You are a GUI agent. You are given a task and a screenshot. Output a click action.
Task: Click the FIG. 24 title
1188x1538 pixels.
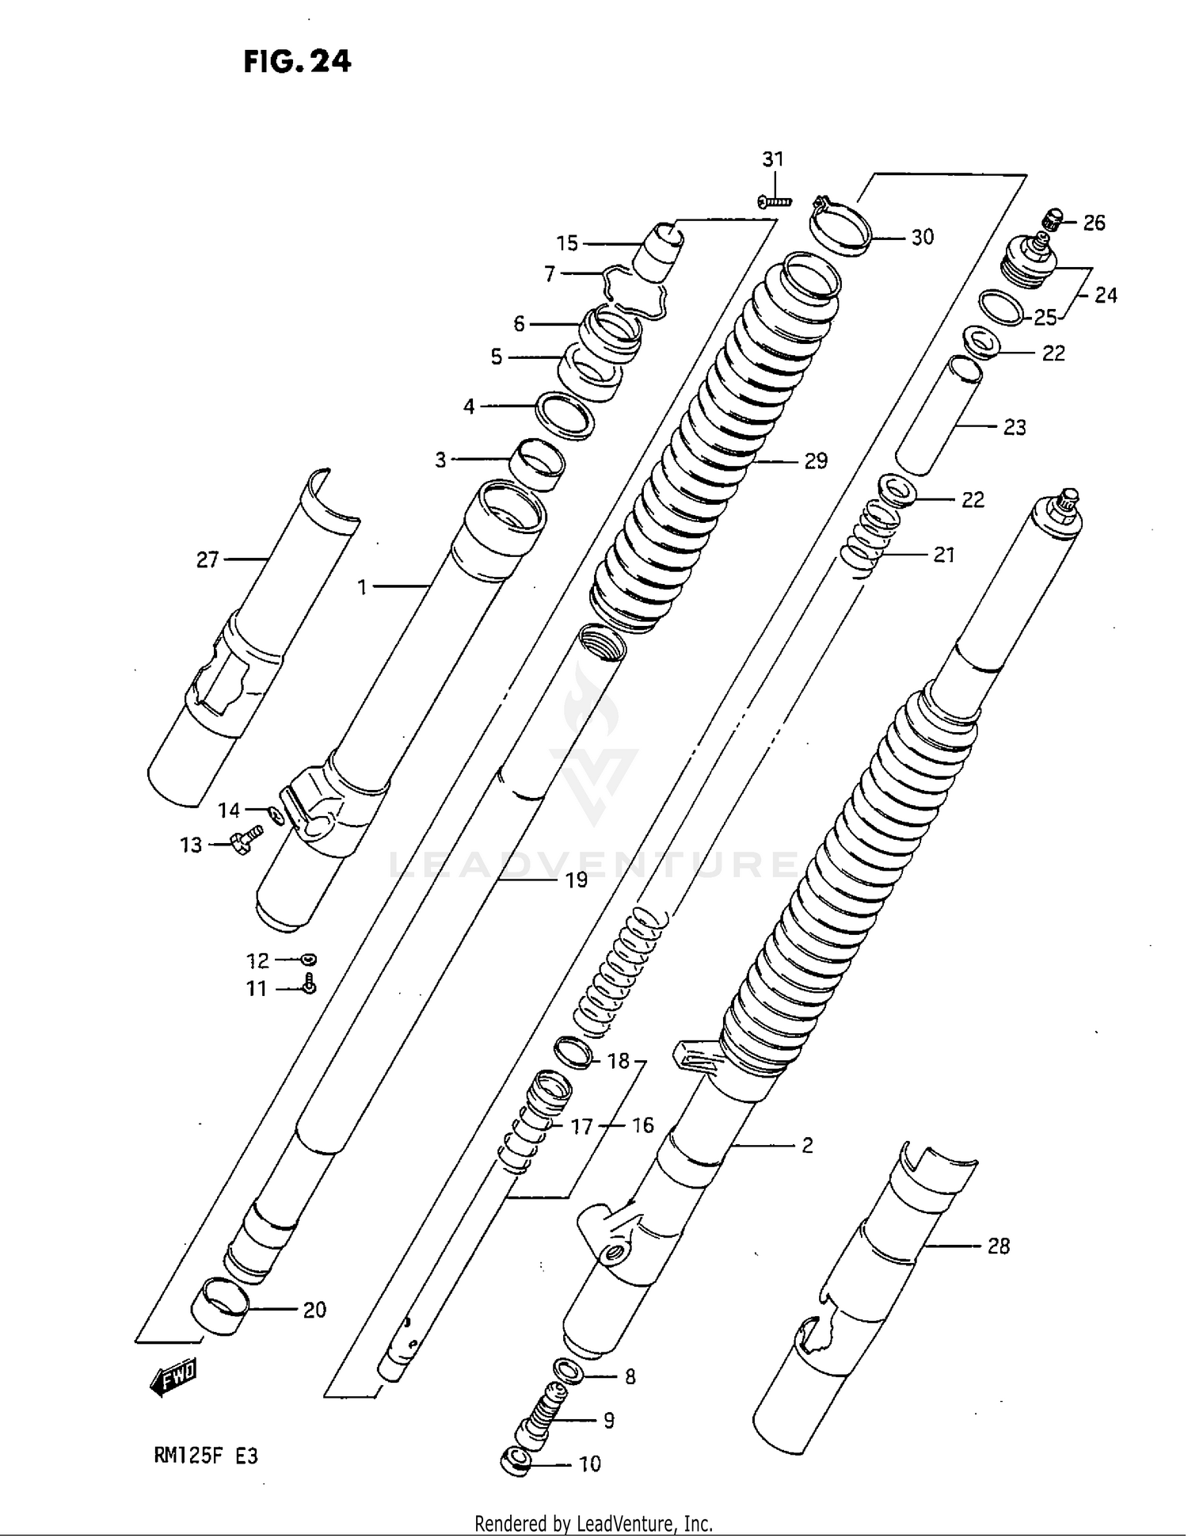tap(297, 61)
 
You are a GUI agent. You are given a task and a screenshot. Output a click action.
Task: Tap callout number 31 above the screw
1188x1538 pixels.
tap(772, 159)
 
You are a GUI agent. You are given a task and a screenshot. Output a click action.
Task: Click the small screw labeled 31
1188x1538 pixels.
tap(774, 201)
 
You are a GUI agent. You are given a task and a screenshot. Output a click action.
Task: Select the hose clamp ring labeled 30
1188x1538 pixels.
tap(840, 227)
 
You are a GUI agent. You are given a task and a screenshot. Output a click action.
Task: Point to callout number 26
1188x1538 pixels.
tap(1094, 223)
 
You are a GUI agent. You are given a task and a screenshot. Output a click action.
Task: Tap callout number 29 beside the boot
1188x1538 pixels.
tap(816, 461)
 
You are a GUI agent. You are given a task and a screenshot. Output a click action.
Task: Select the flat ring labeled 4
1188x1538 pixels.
tap(565, 414)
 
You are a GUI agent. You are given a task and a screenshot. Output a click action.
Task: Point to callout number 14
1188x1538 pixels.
tap(229, 810)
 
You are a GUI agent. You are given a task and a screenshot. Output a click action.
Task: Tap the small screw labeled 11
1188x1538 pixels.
tap(310, 984)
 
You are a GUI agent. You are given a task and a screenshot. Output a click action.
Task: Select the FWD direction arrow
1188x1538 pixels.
tap(173, 1379)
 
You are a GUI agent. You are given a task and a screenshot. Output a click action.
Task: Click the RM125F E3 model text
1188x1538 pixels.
tap(206, 1456)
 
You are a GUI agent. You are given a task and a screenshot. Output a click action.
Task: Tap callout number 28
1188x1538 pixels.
tap(998, 1246)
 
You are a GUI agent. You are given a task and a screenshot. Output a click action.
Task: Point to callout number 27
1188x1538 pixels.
tap(207, 560)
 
